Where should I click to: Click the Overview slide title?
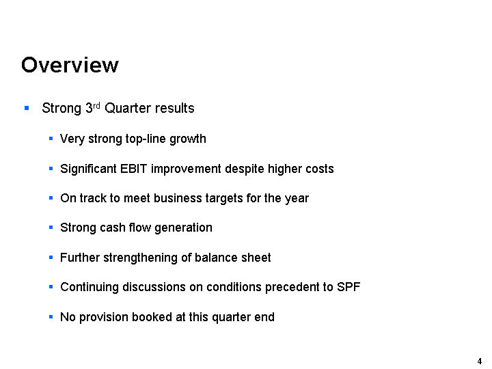pos(70,65)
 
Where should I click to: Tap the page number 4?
pos(480,361)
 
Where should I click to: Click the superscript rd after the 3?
pos(96,105)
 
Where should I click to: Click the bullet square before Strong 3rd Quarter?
pos(27,108)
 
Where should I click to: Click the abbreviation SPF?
pos(348,287)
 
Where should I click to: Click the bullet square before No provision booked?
pos(51,317)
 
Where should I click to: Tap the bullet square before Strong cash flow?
pos(51,228)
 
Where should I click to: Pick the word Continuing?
pos(90,288)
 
